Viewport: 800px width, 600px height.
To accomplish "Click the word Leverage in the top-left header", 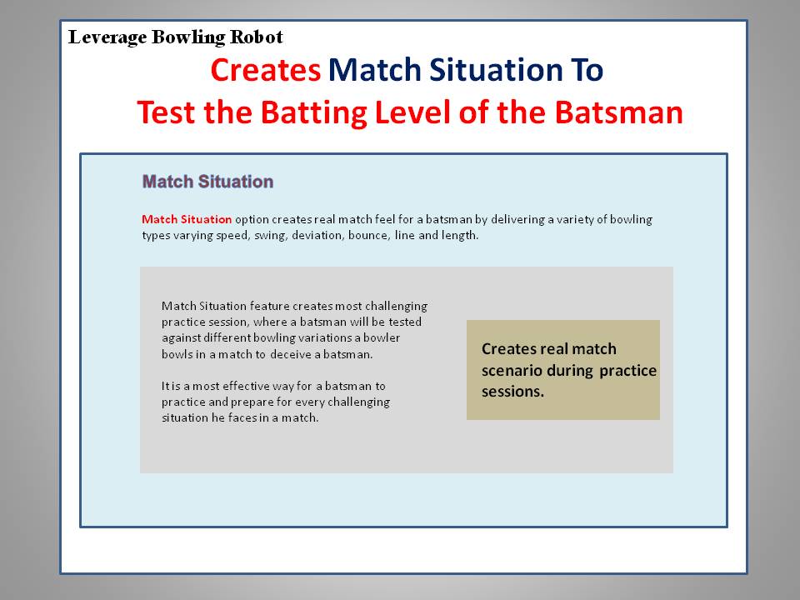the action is coord(107,37).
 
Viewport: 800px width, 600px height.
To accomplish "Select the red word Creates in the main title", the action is coord(265,70).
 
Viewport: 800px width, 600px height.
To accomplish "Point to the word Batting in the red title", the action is coord(314,113).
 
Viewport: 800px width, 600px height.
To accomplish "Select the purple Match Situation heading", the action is coord(207,182).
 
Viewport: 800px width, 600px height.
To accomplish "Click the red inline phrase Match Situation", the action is coord(187,219).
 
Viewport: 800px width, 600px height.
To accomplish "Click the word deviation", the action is coord(317,235).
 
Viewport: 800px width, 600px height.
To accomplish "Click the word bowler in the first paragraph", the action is coord(381,337).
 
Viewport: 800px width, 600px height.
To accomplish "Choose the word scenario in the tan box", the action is coord(512,370).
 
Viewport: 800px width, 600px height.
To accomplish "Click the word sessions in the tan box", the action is coord(512,392).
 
